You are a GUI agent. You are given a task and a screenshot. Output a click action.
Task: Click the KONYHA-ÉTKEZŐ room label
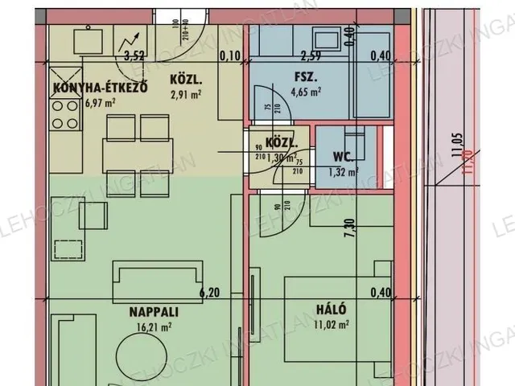(99, 88)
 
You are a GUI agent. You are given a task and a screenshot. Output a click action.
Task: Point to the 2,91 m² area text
(185, 94)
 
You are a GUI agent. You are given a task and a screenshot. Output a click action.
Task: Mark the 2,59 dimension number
(310, 55)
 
